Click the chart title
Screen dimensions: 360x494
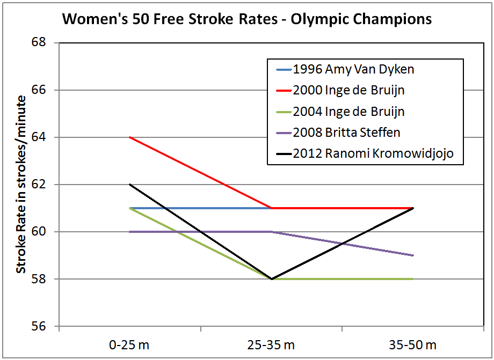(247, 20)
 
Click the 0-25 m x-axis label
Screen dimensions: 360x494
(130, 344)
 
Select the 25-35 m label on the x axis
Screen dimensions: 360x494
(272, 344)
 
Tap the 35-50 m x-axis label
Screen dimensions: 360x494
(413, 344)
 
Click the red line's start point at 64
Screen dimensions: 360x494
(130, 137)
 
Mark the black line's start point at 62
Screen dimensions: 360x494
(130, 185)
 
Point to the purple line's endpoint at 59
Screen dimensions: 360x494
(413, 255)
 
